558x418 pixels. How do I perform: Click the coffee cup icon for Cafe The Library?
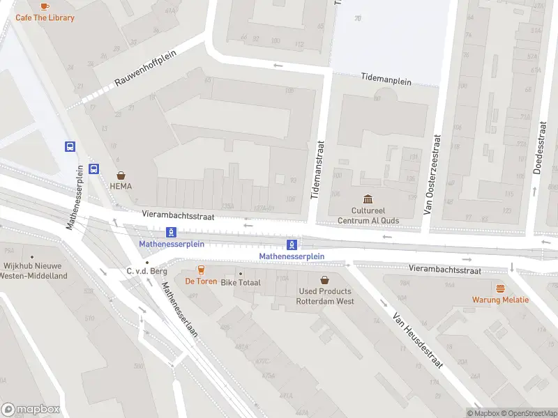(x=45, y=6)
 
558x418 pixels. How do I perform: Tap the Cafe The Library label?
(x=45, y=17)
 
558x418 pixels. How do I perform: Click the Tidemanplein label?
(x=386, y=79)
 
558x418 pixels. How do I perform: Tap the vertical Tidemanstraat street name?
(x=322, y=167)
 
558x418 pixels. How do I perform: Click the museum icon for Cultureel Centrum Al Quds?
(x=368, y=199)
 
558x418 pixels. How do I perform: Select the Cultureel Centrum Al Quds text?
(x=368, y=215)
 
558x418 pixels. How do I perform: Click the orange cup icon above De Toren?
(x=201, y=270)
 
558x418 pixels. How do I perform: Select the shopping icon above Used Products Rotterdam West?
(x=324, y=279)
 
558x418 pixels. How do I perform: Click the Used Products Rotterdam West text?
(x=325, y=296)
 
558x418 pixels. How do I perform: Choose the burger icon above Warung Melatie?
(x=499, y=288)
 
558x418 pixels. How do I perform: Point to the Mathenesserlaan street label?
(x=180, y=309)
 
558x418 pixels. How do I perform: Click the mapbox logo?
(x=31, y=410)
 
